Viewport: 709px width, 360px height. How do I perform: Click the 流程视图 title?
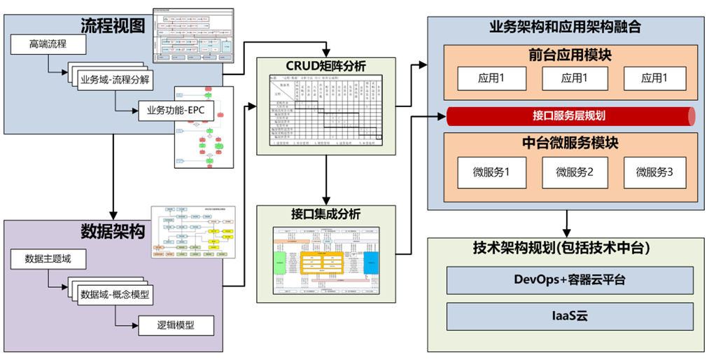click(113, 27)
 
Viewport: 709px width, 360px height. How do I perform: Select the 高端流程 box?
click(48, 46)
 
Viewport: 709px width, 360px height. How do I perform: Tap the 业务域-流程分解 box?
click(114, 78)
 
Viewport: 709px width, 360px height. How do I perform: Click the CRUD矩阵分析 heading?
click(326, 67)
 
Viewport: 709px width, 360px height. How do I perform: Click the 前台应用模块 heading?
click(566, 55)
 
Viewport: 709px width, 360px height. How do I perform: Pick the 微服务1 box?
click(491, 172)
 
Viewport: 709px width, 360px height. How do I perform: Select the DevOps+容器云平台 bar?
click(570, 280)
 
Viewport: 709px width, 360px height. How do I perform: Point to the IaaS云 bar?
click(570, 317)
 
